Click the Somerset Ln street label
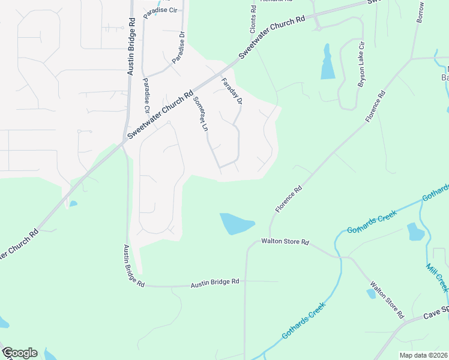pos(200,114)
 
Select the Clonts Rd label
pos(253,17)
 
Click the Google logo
pos(19,353)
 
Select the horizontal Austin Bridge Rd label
pos(215,281)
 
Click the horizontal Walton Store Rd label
pos(285,242)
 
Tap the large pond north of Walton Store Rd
pos(236,224)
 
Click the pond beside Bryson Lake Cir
pos(327,62)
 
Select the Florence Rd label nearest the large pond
pos(288,199)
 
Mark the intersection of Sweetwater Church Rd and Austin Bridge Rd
pos(125,142)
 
